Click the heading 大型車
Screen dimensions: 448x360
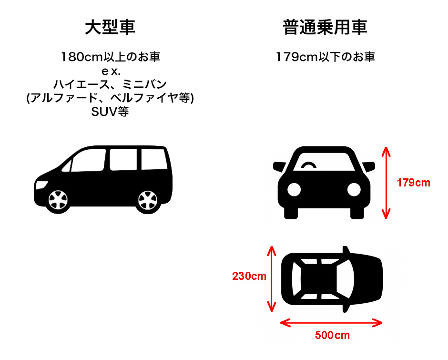[x=110, y=28]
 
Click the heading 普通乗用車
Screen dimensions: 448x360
[x=325, y=28]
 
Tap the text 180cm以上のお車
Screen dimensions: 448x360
[x=110, y=57]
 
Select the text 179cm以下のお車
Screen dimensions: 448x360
[x=325, y=57]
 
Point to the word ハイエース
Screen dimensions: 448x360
[x=81, y=84]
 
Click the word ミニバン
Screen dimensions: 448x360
[x=144, y=84]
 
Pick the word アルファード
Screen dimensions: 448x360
[x=64, y=98]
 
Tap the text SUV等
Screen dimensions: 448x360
[x=110, y=112]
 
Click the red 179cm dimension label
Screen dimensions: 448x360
[x=413, y=183]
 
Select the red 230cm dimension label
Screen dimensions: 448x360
[x=249, y=276]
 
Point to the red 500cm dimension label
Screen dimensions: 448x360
[x=332, y=335]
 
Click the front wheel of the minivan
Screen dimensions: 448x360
[x=58, y=200]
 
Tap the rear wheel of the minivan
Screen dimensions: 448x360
[x=148, y=200]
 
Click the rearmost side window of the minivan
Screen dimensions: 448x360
[x=153, y=159]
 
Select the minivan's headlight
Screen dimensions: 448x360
[x=41, y=185]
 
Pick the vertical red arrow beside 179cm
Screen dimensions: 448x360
[x=386, y=183]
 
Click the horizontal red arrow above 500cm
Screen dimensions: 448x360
[x=331, y=323]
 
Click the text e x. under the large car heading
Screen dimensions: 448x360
[x=111, y=71]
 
